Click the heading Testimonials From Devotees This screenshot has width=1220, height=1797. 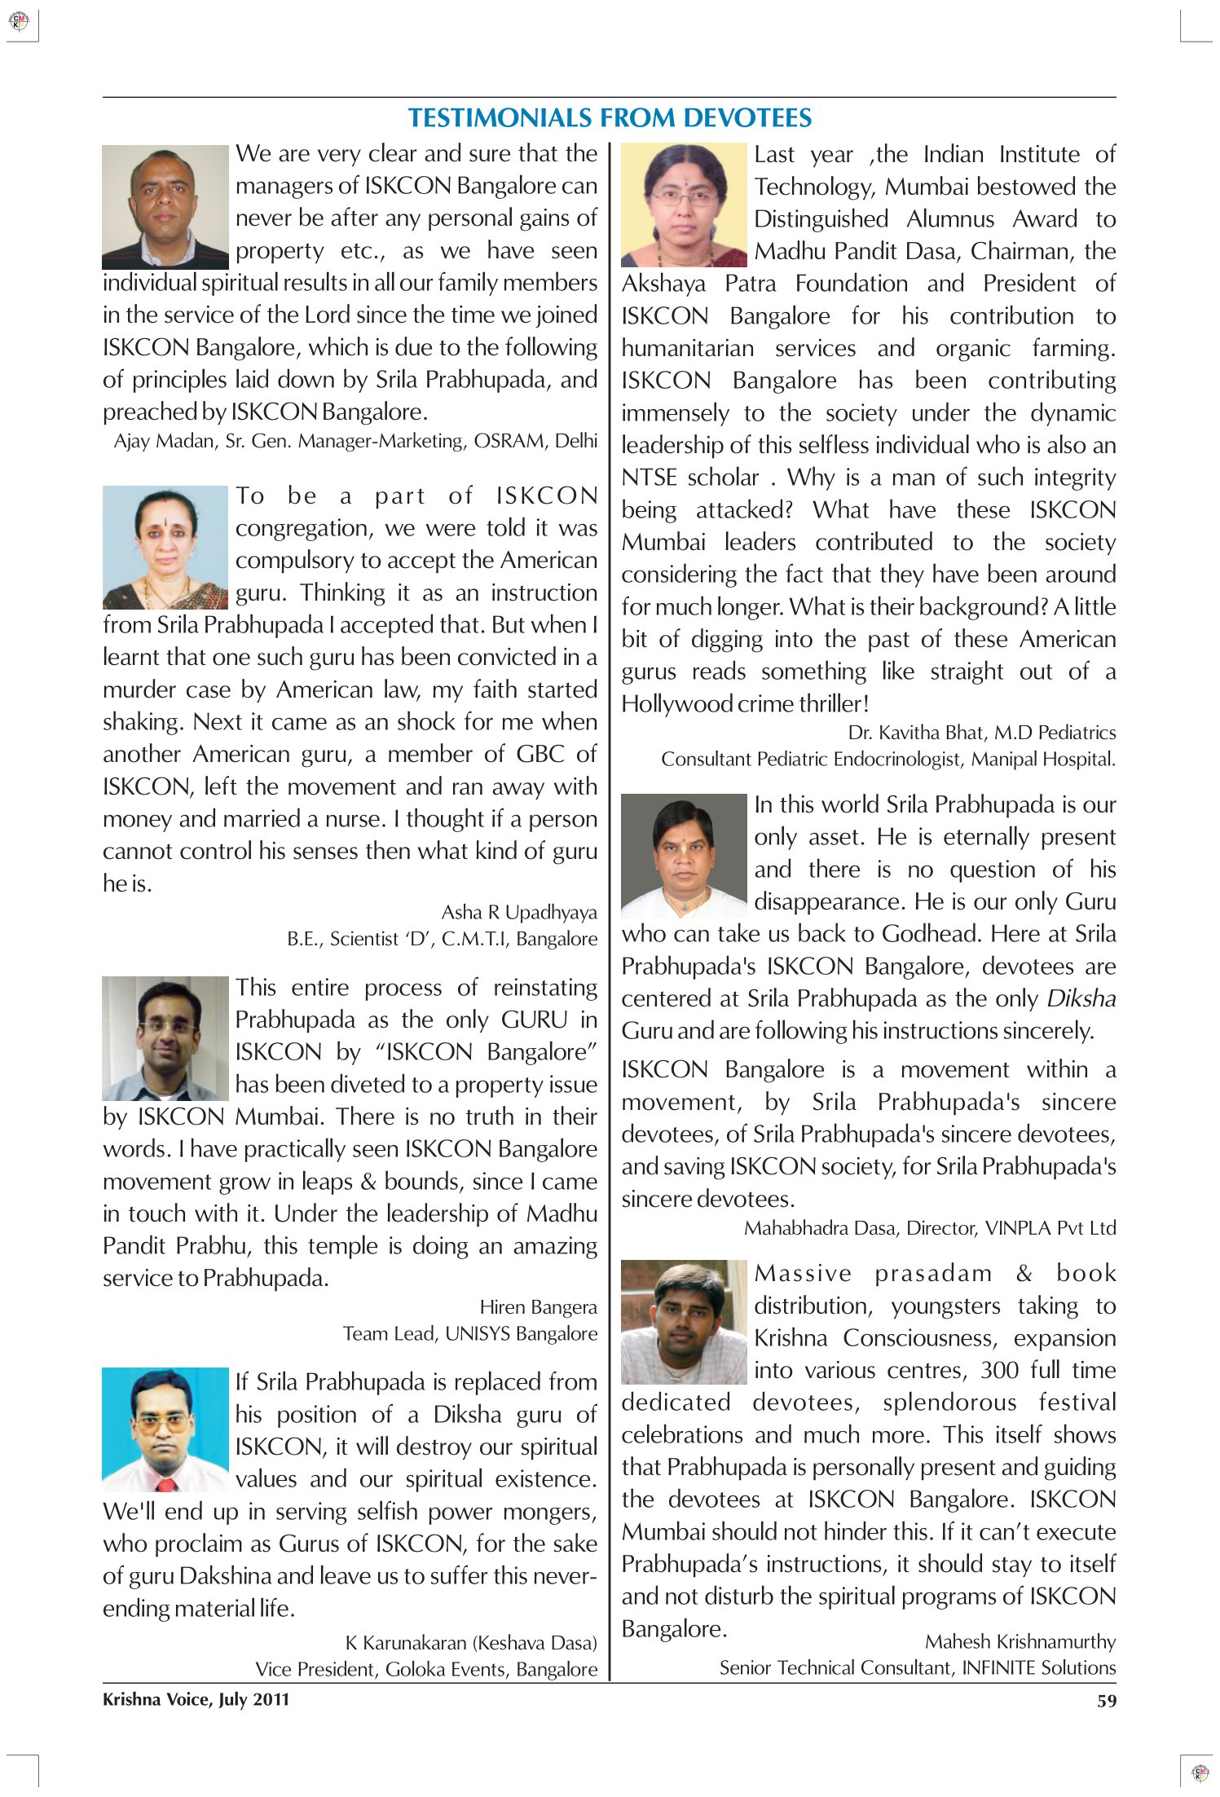point(610,118)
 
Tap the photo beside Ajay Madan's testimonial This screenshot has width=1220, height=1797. point(165,207)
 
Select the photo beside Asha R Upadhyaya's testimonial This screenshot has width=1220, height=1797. point(165,548)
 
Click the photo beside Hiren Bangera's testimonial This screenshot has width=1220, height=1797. point(165,1038)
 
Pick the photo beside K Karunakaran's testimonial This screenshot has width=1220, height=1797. point(165,1430)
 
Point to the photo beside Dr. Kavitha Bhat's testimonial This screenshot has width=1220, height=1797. point(684,205)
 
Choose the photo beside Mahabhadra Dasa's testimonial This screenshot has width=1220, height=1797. point(684,856)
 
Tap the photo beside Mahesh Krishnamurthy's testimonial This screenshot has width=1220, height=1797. point(684,1322)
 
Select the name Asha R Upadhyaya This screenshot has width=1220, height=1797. point(519,912)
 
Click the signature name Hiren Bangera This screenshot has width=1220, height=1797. point(538,1307)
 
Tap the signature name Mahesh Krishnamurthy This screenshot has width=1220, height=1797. point(1020,1641)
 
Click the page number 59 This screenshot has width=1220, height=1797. point(1106,1701)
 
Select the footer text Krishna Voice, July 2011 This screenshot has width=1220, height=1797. point(196,1700)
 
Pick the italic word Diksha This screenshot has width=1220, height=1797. point(1081,998)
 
